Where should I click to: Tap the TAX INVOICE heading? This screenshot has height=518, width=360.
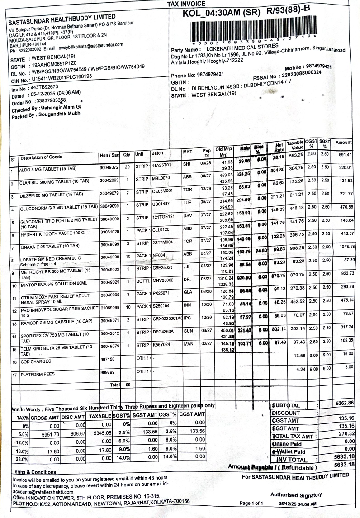tap(186, 4)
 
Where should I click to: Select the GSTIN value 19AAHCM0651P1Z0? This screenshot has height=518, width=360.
tap(54, 64)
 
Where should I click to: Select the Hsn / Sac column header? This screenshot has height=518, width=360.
tap(109, 155)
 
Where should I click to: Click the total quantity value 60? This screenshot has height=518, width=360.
tap(128, 385)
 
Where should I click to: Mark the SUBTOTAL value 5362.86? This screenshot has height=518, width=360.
tap(342, 403)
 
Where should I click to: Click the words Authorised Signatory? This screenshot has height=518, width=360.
tap(296, 495)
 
